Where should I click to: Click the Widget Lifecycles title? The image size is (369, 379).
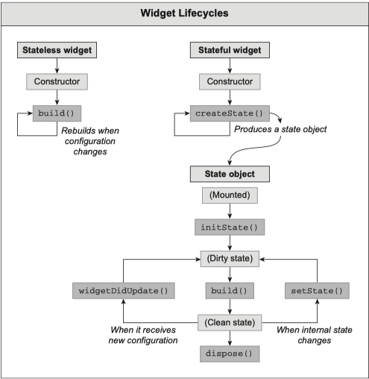pos(184,13)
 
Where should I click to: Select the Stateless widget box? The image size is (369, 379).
pos(57,50)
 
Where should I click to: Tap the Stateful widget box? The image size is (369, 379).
pos(230,50)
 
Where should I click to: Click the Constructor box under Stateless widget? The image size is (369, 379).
pos(57,81)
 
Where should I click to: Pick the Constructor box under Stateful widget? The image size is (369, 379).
pos(230,81)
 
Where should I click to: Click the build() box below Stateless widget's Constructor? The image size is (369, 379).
pos(57,113)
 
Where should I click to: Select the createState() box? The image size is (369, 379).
pos(230,113)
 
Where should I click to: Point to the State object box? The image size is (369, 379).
pos(230,174)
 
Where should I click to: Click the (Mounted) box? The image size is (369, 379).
pos(230,195)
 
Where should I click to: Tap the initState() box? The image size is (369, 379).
pos(230,227)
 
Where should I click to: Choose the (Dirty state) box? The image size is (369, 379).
pos(230,259)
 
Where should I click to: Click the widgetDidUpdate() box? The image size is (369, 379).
pos(124,290)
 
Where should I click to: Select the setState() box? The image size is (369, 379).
pos(317,290)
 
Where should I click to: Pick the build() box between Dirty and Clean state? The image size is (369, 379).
pos(230,290)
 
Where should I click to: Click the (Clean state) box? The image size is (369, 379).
pos(230,322)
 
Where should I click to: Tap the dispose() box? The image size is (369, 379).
pos(230,354)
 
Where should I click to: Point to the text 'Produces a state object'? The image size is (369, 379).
pos(280,129)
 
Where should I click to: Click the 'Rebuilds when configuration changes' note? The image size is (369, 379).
pos(90,141)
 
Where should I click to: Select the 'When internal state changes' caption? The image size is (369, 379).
pos(315,335)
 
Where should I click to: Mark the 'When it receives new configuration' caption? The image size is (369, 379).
pos(143,335)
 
